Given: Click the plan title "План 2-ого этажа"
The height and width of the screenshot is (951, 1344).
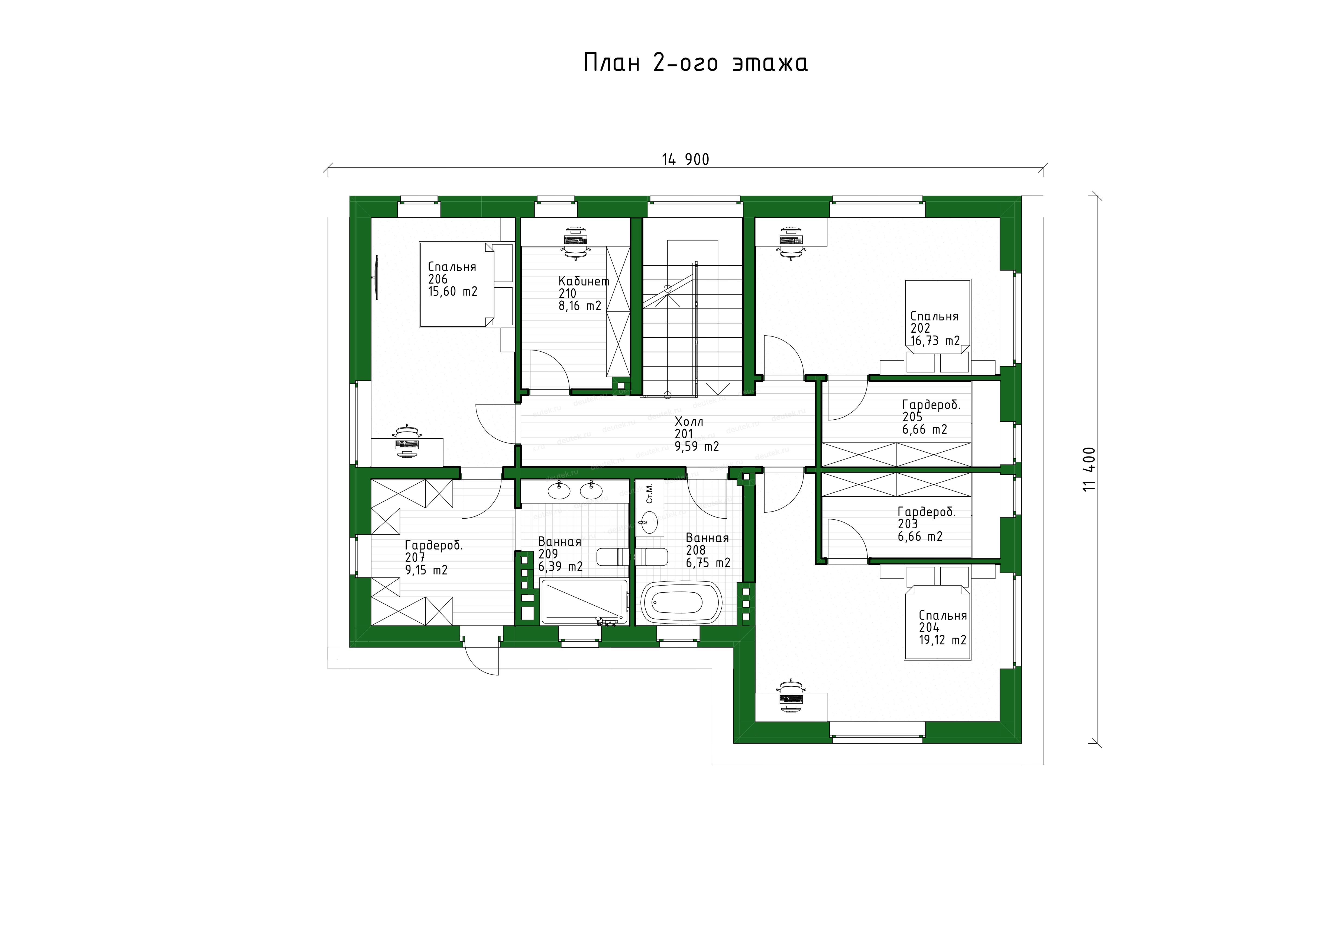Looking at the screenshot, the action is pyautogui.click(x=695, y=62).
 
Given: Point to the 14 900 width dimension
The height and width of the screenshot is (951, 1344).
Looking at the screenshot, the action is pyautogui.click(x=685, y=159).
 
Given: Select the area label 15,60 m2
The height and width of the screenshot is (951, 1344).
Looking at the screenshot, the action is pyautogui.click(x=452, y=291).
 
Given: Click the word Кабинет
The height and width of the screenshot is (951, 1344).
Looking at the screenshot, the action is pyautogui.click(x=584, y=281).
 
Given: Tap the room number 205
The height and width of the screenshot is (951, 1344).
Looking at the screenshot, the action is pyautogui.click(x=912, y=417).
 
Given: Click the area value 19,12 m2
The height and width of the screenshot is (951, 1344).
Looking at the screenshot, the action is pyautogui.click(x=943, y=640).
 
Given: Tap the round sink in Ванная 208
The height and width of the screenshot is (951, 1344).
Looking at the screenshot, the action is pyautogui.click(x=649, y=522).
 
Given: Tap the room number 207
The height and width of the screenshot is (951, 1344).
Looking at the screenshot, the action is pyautogui.click(x=415, y=557).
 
